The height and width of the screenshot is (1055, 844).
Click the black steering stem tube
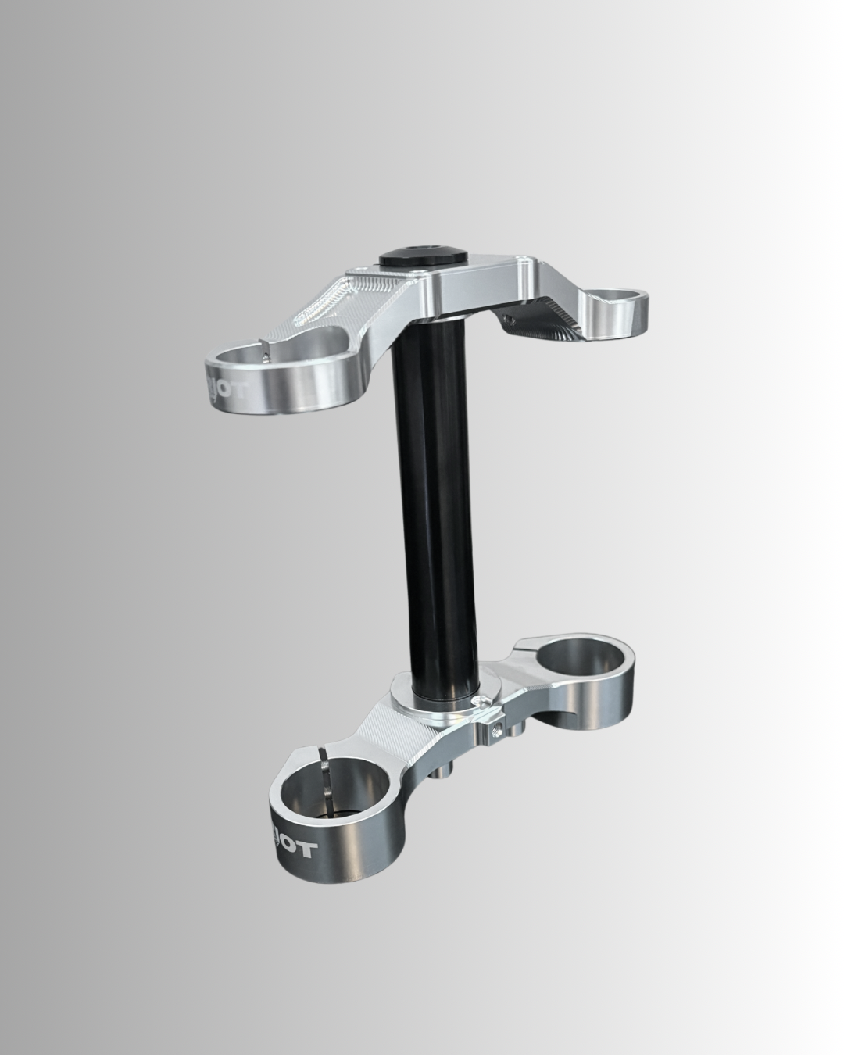point(435,500)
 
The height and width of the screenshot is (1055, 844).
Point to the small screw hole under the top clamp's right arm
point(510,318)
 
